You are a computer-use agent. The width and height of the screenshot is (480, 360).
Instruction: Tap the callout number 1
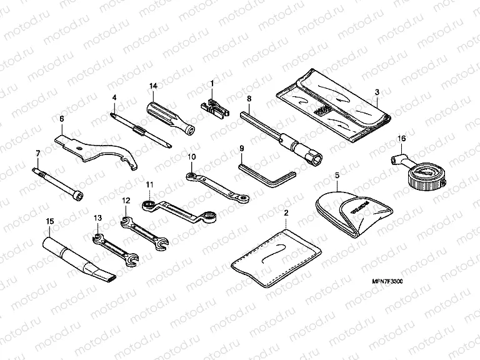pos(212,84)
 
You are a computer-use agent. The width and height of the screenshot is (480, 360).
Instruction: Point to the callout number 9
pos(241,148)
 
